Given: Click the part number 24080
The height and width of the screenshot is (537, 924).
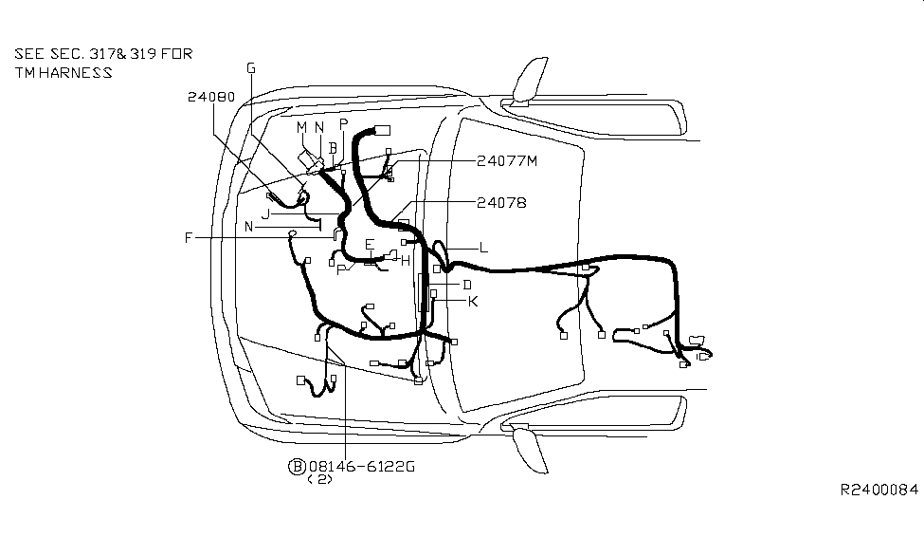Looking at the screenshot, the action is click(211, 97).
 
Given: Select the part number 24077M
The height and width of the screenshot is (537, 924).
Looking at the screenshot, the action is click(507, 161).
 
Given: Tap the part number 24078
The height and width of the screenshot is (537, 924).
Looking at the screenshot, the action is click(501, 203).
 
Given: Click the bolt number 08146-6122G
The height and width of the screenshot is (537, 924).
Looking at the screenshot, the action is click(362, 467).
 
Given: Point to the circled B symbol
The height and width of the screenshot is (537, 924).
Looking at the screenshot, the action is click(297, 467).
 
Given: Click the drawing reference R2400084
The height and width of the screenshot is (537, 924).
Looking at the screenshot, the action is click(879, 490).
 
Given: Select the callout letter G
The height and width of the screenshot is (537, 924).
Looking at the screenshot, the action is click(251, 68).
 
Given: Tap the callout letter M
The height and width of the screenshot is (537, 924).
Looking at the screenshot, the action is click(301, 127).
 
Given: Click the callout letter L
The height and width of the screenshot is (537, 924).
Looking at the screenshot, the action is click(484, 248).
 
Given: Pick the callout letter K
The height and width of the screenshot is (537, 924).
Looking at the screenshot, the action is click(473, 302).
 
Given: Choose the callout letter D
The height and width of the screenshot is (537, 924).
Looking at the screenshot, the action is click(467, 285).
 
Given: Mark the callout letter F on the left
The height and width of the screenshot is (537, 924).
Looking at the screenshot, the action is click(189, 238).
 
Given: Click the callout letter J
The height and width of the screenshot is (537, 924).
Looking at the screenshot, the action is click(265, 214).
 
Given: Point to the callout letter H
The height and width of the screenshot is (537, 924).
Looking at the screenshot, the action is click(406, 262).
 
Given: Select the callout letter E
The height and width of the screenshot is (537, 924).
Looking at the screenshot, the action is click(370, 244).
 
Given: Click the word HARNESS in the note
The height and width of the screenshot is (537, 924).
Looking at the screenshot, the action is click(76, 73).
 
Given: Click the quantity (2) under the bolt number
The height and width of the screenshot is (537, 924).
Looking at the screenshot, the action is click(320, 479).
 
